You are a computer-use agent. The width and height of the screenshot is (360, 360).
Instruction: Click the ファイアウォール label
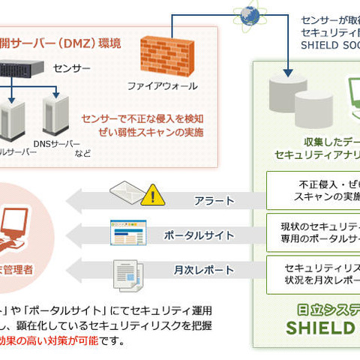163,86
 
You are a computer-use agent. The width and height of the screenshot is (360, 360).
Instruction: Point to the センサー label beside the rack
72,68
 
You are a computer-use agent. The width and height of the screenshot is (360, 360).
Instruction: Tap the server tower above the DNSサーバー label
52,112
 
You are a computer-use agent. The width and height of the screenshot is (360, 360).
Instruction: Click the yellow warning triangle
152,195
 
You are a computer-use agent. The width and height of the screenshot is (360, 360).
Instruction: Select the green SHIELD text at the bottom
323,328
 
